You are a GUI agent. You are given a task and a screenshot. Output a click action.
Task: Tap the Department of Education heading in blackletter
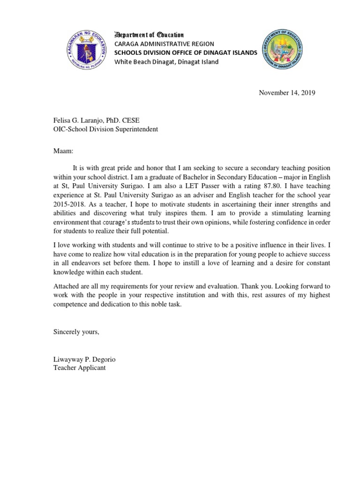(x=149, y=35)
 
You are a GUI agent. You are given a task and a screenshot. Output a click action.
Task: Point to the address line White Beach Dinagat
(x=166, y=62)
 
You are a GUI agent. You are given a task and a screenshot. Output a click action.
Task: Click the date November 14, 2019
(x=287, y=93)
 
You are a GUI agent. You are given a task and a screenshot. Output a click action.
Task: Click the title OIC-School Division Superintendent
(x=105, y=129)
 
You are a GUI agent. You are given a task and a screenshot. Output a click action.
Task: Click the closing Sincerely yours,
(x=76, y=332)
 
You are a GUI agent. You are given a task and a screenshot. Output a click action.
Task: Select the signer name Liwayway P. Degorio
(x=84, y=360)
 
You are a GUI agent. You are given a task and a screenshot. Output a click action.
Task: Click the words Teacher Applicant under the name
(x=79, y=368)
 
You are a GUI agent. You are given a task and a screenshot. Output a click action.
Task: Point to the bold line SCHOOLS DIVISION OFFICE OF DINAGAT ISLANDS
(x=186, y=53)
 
